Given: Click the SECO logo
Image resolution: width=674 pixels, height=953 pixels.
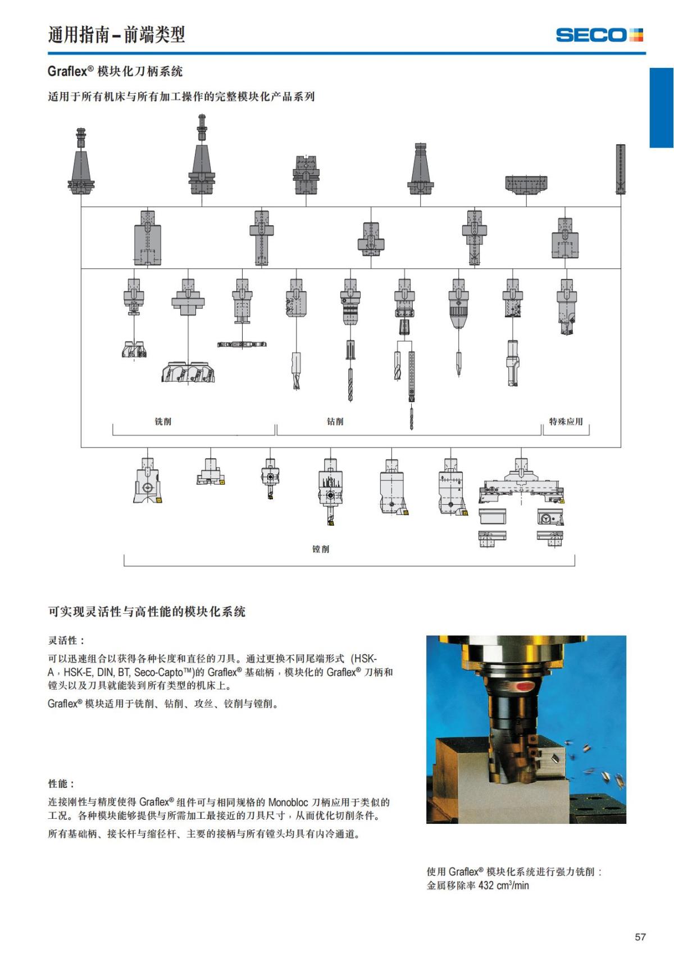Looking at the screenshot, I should [599, 35].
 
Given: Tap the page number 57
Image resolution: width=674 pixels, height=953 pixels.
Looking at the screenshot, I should [640, 937].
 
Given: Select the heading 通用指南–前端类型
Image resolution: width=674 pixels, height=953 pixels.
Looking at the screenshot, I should [116, 35].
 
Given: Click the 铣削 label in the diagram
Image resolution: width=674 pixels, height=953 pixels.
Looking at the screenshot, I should [163, 422].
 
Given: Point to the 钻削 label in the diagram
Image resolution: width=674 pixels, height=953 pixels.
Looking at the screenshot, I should [335, 422].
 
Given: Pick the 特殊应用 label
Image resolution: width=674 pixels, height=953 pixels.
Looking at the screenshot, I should [566, 422].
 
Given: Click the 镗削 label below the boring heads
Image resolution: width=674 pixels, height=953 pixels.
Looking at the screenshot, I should [321, 549].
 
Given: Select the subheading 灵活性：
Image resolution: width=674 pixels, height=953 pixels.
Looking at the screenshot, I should [66, 640].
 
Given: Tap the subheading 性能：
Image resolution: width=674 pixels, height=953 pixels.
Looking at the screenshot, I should [61, 783].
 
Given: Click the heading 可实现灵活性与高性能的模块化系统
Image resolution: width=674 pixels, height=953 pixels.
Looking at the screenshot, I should [147, 612].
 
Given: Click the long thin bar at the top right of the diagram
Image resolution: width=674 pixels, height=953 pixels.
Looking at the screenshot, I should [621, 168].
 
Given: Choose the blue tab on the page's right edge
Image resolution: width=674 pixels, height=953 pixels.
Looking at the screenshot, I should [662, 108].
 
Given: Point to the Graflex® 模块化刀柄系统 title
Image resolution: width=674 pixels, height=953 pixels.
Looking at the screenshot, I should [115, 71].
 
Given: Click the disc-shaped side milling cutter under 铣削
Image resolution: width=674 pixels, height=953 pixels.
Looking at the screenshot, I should [242, 344].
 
